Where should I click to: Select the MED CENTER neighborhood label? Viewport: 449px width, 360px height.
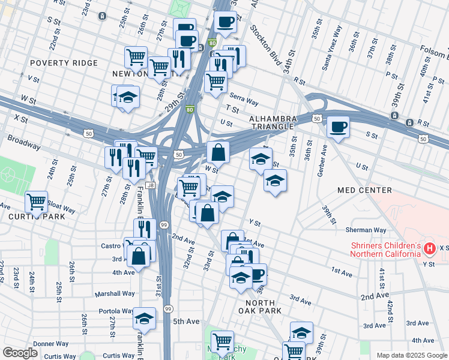364,190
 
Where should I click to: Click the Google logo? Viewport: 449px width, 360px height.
20,353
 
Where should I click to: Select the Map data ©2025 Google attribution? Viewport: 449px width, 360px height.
411,355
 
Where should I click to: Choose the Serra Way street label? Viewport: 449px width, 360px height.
243,100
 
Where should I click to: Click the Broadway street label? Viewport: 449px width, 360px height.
24,143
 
